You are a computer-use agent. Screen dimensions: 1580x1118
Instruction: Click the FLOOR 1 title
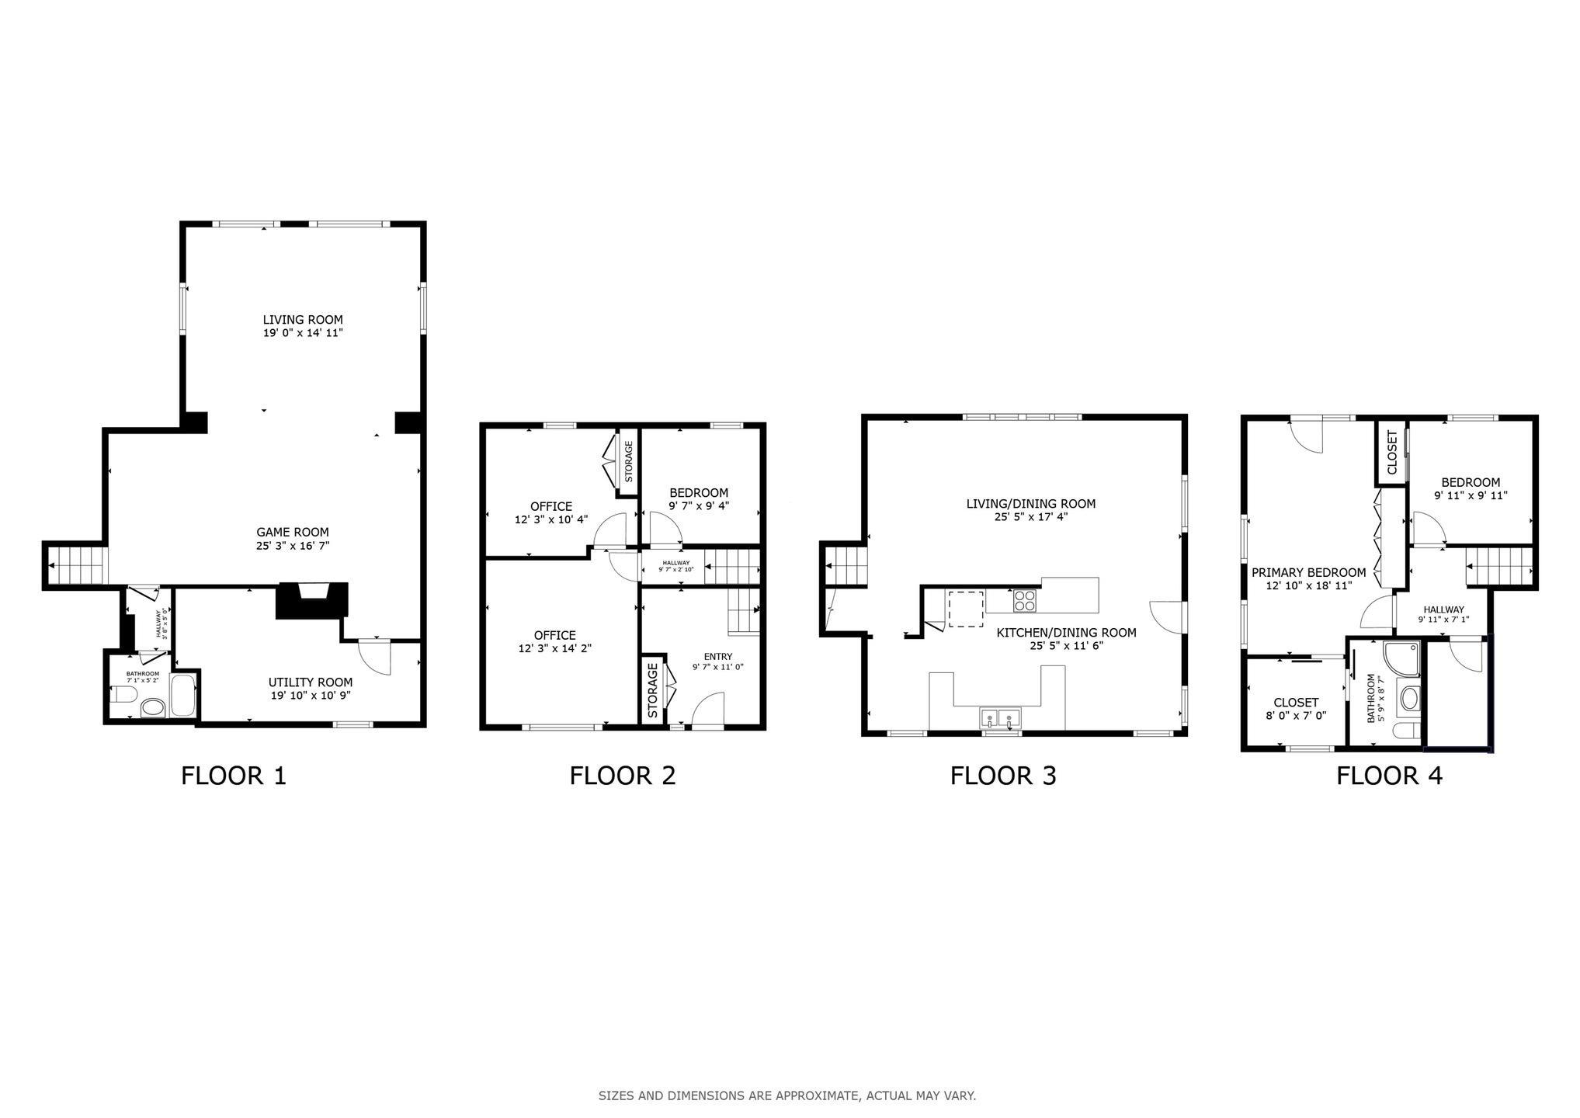click(x=234, y=776)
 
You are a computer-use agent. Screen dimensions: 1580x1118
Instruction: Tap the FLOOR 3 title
click(x=1003, y=776)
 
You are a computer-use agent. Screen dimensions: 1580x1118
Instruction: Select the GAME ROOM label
click(x=293, y=533)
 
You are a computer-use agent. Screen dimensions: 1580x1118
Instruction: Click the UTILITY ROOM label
click(x=311, y=682)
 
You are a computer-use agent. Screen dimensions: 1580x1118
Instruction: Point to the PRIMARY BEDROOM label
click(x=1309, y=573)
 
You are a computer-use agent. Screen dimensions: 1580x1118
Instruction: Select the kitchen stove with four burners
click(x=1024, y=602)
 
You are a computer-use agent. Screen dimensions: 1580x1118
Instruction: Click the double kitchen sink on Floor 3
click(x=1000, y=717)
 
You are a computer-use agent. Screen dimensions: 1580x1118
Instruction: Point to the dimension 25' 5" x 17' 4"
click(x=1031, y=517)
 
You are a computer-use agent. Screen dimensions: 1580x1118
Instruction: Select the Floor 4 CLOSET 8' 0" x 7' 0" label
click(x=1296, y=709)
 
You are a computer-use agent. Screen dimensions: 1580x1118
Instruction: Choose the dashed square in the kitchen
click(x=966, y=608)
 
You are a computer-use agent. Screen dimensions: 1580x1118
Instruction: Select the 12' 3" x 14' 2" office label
click(x=555, y=642)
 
